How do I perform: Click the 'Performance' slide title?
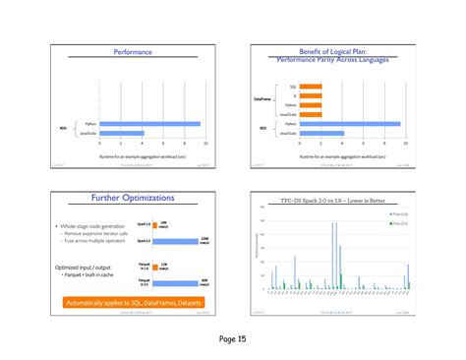click(133, 51)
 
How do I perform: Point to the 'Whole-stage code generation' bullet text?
click(93, 226)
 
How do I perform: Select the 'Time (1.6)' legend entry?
click(398, 213)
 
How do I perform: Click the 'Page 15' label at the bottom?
click(233, 339)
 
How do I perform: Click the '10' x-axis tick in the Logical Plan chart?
click(405, 144)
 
